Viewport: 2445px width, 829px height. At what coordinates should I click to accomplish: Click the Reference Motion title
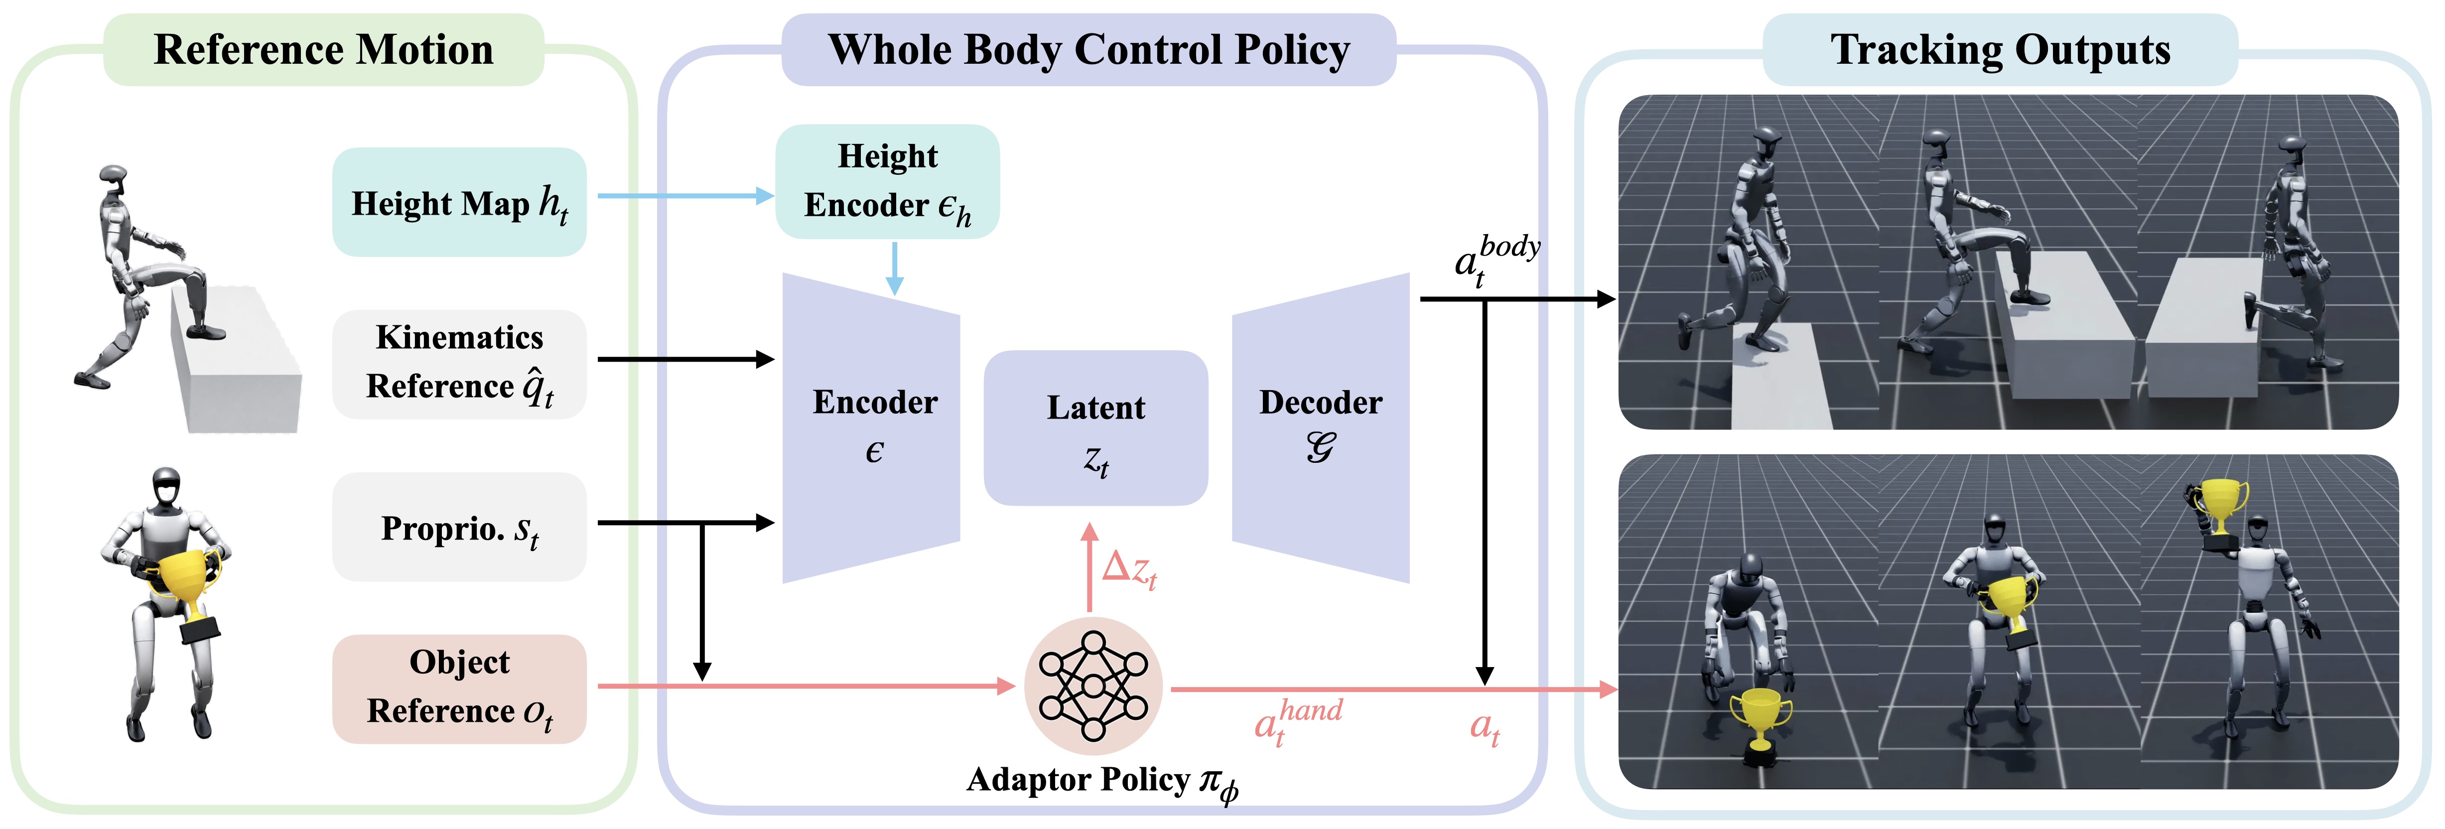point(324,49)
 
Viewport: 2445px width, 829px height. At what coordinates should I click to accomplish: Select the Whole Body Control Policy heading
point(1088,49)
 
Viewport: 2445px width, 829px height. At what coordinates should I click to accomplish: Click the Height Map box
point(459,201)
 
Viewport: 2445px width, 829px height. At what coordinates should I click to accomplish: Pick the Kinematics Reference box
point(459,364)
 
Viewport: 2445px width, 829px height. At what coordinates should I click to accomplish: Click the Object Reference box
point(459,689)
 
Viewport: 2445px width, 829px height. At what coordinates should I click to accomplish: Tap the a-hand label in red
point(1298,722)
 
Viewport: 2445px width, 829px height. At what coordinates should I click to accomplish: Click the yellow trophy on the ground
point(1761,724)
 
